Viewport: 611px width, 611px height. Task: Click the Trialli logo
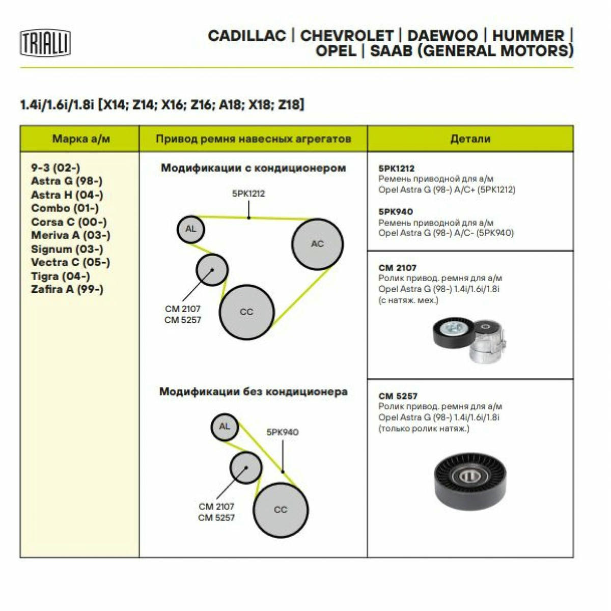coord(45,43)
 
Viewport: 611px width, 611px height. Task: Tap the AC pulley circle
coord(317,244)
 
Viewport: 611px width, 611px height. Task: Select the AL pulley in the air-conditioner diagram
coord(191,229)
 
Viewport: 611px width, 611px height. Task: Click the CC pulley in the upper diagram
coord(246,312)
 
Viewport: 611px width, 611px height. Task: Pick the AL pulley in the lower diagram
coord(225,427)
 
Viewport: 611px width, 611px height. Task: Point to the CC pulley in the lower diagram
coord(281,510)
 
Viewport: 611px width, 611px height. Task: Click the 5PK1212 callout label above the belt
coord(248,193)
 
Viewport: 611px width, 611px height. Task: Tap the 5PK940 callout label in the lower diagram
coord(283,432)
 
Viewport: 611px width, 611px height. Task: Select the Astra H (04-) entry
coord(67,195)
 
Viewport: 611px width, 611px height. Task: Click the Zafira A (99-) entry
coord(67,289)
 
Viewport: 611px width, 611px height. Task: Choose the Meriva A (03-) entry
coord(71,235)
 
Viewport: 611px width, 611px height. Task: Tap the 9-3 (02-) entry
coord(55,168)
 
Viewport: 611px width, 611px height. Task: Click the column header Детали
coord(470,138)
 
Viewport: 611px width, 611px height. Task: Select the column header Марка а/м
coord(81,138)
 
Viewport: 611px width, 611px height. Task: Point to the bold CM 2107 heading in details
coord(397,268)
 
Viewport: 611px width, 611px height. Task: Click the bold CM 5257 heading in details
coord(398,396)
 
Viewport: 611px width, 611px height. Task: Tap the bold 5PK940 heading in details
coord(396,211)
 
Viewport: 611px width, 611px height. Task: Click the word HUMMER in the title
coord(528,36)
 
